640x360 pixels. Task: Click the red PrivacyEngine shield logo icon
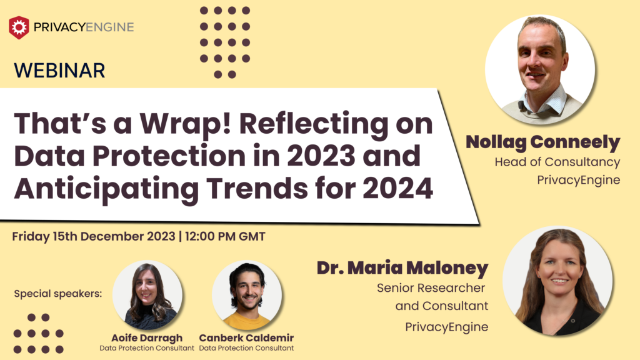[x=19, y=27]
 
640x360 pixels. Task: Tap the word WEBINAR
[x=59, y=70]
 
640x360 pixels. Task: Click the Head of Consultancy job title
[x=557, y=162]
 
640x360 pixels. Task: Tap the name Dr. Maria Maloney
[x=402, y=268]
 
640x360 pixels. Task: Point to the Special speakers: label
[x=57, y=293]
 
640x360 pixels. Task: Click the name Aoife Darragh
[x=147, y=338]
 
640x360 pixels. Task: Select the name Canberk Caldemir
[x=246, y=338]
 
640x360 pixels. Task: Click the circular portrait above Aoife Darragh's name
[x=147, y=295]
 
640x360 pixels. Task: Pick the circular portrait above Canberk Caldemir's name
[x=247, y=295]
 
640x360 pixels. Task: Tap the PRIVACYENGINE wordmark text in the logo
[x=84, y=27]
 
